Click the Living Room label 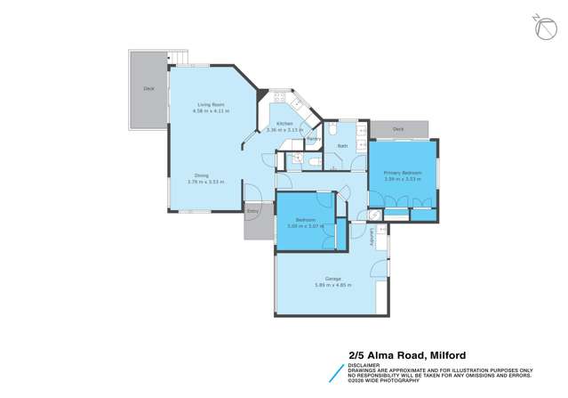pos(212,106)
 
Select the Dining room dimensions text pos(205,182)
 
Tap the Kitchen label pos(284,123)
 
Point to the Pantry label pos(313,139)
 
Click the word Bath pos(342,144)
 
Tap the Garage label pos(333,280)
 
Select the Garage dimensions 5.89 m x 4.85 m pos(333,286)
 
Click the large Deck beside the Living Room pos(148,89)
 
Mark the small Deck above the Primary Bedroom pos(398,130)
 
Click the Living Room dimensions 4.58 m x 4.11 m pos(212,112)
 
